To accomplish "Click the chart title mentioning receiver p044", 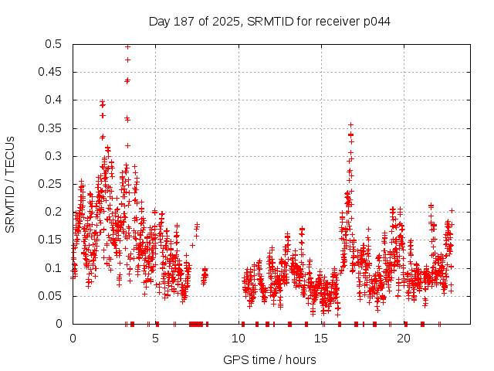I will (x=269, y=22).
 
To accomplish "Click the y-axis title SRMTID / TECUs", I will (x=10, y=184).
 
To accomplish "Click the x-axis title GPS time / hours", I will (x=269, y=359).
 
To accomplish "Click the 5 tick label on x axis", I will (x=155, y=338).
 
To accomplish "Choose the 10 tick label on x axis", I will (x=238, y=338).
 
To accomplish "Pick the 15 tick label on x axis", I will (x=321, y=338).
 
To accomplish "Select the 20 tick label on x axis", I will (x=404, y=338).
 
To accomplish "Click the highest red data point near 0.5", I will (x=127, y=46).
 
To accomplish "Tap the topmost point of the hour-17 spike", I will (x=350, y=124).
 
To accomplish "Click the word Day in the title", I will (x=159, y=22).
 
